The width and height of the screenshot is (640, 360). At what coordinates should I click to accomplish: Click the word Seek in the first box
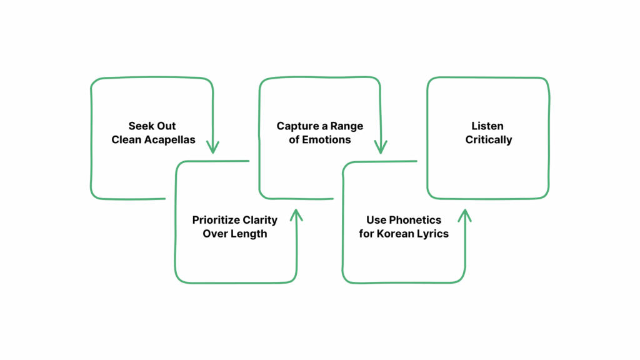click(x=141, y=126)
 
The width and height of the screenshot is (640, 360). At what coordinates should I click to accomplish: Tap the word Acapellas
click(x=171, y=139)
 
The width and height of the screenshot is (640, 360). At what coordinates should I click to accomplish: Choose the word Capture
click(x=297, y=126)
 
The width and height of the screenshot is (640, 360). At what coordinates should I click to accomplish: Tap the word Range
click(x=348, y=126)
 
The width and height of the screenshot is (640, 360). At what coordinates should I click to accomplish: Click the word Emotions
click(x=327, y=139)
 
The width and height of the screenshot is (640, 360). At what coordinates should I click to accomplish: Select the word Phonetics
click(x=415, y=220)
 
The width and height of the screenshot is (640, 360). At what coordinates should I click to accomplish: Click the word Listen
click(x=489, y=126)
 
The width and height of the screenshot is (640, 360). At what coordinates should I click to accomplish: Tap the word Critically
click(x=489, y=139)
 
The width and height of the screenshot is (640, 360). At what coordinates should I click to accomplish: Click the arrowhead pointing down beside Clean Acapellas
click(x=212, y=147)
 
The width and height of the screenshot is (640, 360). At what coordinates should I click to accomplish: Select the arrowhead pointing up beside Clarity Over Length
click(x=296, y=215)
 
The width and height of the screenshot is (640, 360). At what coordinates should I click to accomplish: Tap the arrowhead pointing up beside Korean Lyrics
click(x=464, y=215)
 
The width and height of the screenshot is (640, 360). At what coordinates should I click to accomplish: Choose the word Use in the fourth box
click(x=376, y=220)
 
